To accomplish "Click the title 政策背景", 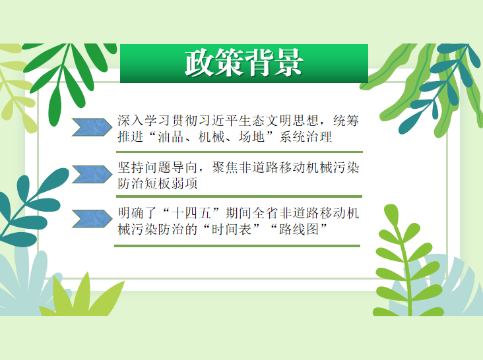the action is (244, 63).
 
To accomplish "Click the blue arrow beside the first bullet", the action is (92, 127).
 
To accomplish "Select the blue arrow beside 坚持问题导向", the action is (92, 174).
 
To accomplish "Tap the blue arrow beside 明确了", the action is (92, 219).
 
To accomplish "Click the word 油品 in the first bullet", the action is (171, 137).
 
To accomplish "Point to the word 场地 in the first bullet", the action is (251, 137).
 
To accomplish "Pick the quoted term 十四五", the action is (191, 213).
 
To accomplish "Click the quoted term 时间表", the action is (231, 229).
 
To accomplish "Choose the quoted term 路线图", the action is (298, 229).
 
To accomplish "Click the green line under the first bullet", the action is (240, 152).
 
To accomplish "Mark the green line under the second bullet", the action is (239, 196).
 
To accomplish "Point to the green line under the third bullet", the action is (237, 246).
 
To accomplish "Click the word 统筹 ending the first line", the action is (346, 120).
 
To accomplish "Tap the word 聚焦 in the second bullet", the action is (225, 167).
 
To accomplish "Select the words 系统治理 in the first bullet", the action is (306, 137).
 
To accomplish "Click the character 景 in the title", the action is (288, 63).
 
